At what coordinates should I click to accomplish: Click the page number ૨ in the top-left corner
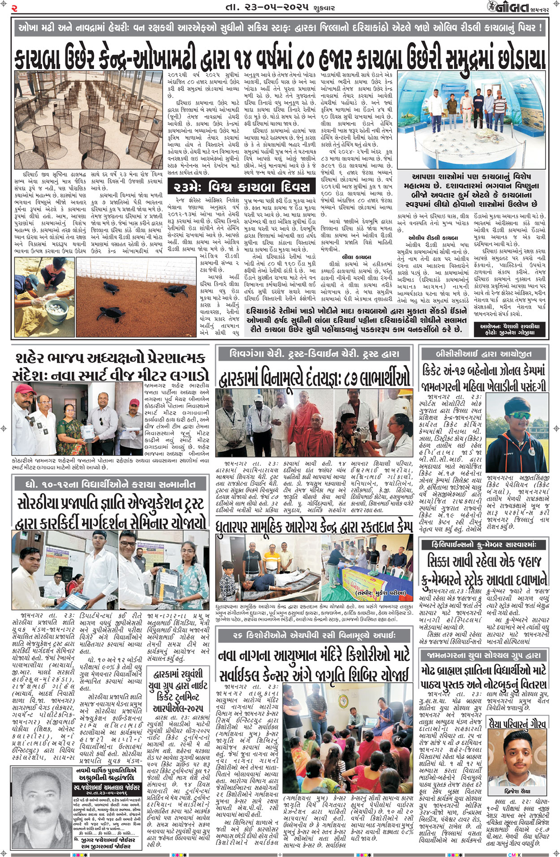tap(14, 8)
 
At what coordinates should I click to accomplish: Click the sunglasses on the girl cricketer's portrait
tap(519, 415)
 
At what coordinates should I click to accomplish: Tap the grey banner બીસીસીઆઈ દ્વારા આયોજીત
tap(483, 354)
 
